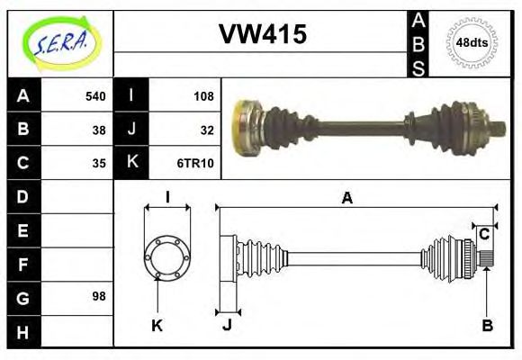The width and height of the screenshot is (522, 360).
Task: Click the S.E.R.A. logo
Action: pyautogui.click(x=58, y=42)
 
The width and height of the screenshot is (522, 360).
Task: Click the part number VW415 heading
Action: pyautogui.click(x=263, y=35)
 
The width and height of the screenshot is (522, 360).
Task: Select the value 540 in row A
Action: pyautogui.click(x=94, y=96)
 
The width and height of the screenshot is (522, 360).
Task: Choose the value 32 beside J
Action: pyautogui.click(x=206, y=130)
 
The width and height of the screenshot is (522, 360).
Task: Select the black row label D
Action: pyautogui.click(x=22, y=196)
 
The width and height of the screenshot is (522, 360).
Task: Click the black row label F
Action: pyautogui.click(x=22, y=264)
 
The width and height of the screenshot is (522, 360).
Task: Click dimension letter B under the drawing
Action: pyautogui.click(x=486, y=326)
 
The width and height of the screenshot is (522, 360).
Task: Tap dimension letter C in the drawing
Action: pyautogui.click(x=484, y=234)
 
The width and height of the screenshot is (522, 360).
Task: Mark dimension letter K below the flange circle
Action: pyautogui.click(x=156, y=326)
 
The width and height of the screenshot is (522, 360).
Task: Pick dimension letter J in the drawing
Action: pyautogui.click(x=228, y=326)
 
